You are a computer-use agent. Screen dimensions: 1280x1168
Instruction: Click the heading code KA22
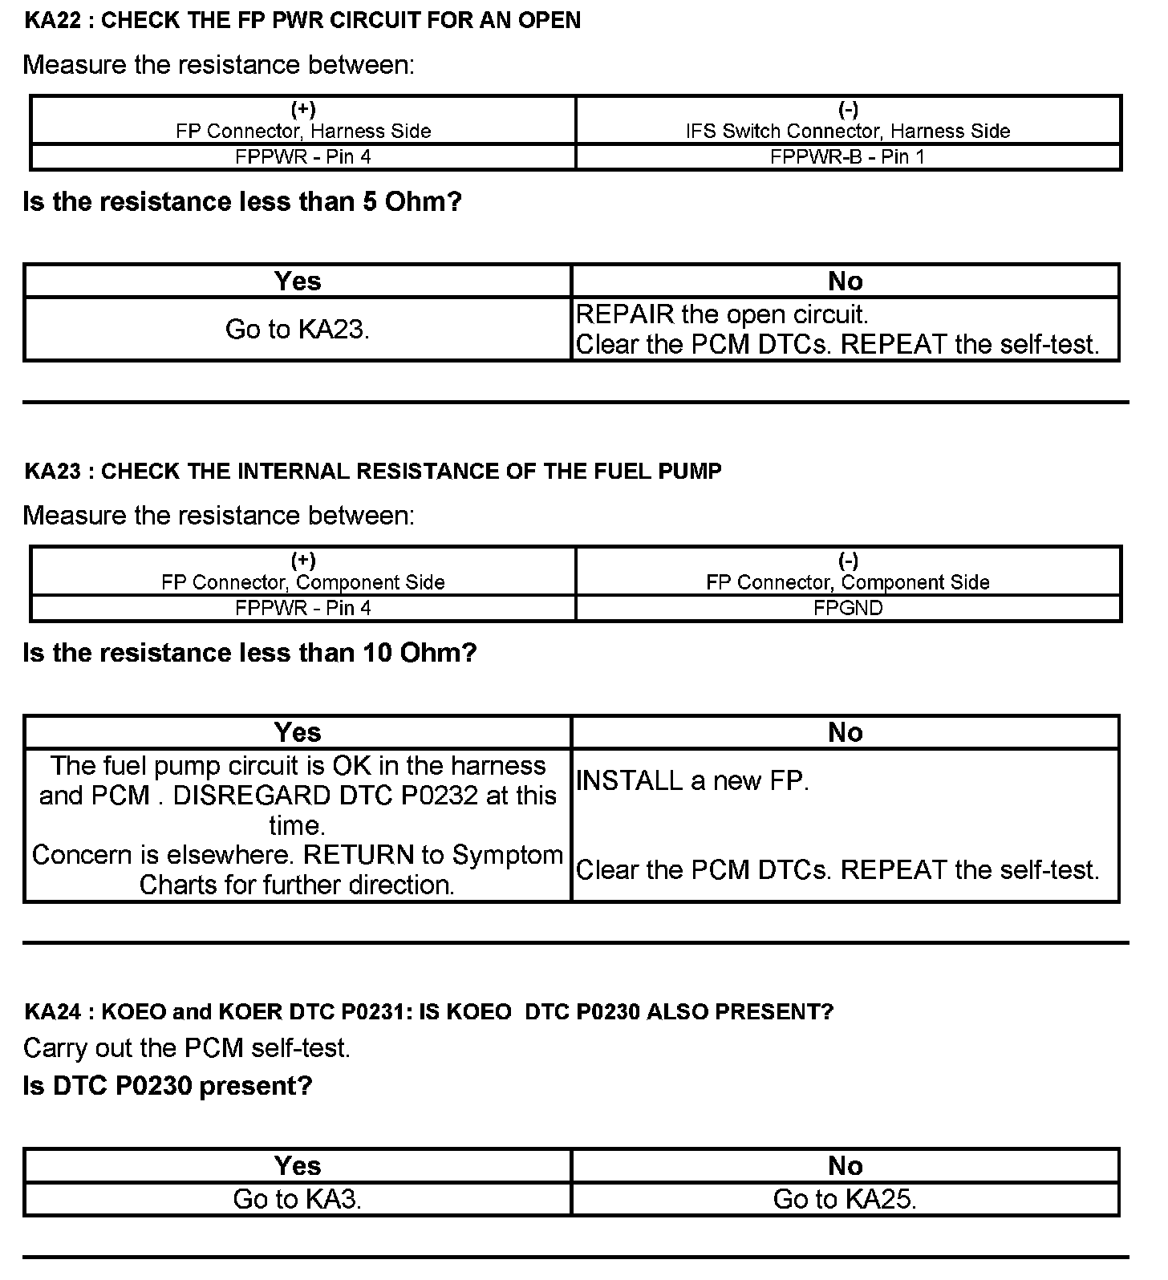52,21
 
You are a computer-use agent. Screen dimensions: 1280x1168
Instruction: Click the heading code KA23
52,472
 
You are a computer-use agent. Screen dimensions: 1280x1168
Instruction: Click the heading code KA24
52,1012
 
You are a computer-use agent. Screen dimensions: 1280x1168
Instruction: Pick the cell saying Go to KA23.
298,330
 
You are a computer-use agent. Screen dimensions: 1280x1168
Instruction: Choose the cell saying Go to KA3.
298,1199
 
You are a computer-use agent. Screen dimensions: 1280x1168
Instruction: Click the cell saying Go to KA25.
845,1199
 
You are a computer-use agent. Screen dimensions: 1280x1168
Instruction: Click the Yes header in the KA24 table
298,1165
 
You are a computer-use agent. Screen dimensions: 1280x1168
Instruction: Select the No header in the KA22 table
845,281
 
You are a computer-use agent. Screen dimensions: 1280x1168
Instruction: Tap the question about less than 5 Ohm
242,202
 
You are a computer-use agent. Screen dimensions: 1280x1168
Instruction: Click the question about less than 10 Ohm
249,653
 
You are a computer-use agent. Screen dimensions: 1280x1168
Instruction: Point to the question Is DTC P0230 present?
168,1086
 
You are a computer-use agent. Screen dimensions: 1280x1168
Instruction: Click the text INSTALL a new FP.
692,780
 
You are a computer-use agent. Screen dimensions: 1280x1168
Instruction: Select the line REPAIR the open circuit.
722,314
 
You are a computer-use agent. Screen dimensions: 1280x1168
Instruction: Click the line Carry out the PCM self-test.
187,1048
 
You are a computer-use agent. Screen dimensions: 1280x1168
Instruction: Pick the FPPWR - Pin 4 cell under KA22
303,157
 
